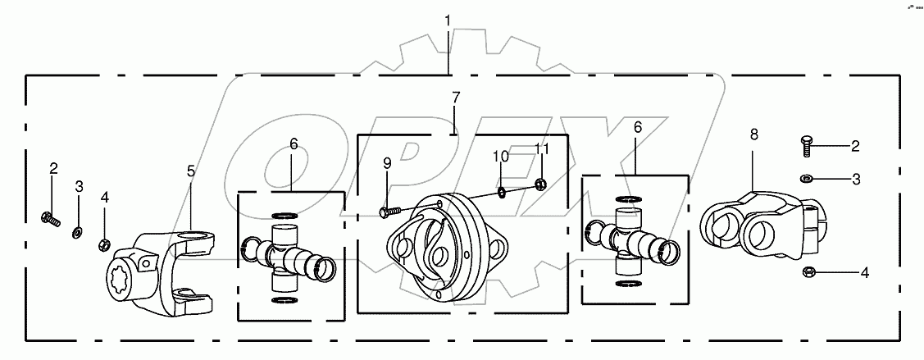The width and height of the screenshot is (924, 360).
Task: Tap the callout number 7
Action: coord(456,98)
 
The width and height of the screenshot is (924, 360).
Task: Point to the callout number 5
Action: coord(191,171)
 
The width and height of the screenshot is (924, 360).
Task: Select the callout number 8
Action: coord(754,134)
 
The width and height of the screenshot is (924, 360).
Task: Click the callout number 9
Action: coord(387,163)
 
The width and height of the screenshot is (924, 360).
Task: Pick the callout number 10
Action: coord(500,155)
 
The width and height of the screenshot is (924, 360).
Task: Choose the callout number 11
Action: coord(539,149)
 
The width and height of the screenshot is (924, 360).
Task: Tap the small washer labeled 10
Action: coord(500,193)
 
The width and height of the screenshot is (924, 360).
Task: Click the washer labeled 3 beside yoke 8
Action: coord(806,177)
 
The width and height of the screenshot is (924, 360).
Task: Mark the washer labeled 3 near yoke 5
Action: coord(77,232)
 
